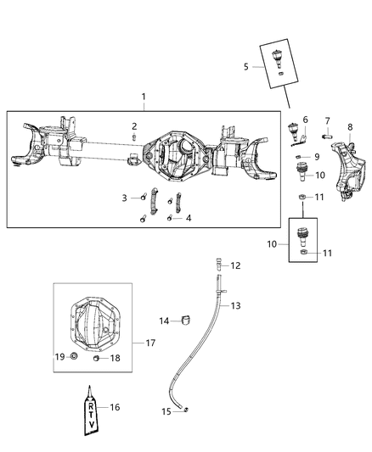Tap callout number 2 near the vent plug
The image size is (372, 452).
134,126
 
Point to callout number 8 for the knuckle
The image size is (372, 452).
349,127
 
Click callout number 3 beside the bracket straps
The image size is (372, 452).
124,198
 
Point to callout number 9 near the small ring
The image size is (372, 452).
317,157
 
